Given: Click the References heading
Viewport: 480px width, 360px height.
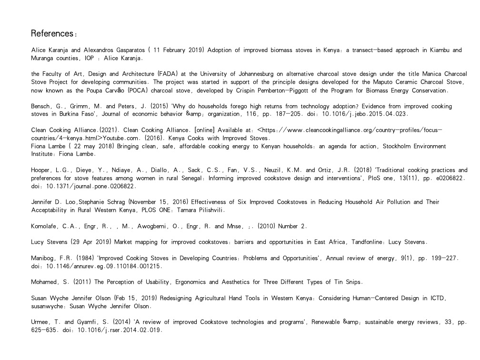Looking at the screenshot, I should tap(53, 34).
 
